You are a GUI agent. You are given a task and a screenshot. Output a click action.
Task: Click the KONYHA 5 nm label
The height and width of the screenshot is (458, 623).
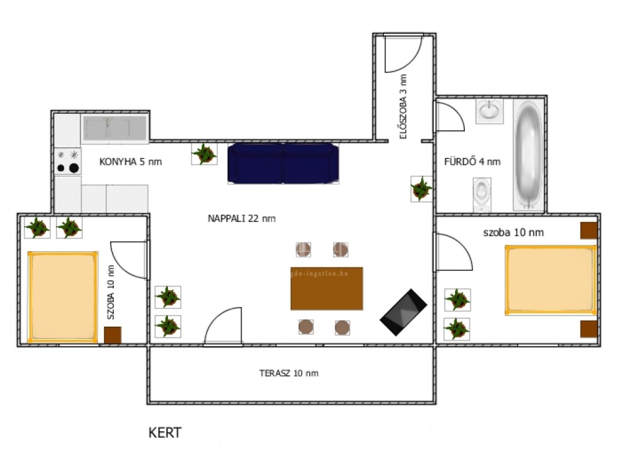tap(130, 162)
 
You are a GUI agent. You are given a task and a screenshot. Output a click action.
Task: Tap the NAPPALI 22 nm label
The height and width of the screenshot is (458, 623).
tap(242, 219)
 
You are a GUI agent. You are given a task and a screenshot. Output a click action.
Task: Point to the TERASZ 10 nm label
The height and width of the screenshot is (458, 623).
tap(289, 373)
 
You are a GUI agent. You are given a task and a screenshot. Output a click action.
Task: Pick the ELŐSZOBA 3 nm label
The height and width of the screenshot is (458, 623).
tap(403, 107)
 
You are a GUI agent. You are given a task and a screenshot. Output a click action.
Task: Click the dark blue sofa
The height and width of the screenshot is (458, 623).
tap(283, 164)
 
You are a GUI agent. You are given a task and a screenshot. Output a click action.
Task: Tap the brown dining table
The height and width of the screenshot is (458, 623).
tap(327, 289)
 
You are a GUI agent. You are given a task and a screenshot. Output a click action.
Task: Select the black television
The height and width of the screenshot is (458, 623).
tap(403, 312)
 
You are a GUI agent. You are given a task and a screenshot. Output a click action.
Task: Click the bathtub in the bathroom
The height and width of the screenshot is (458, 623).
tap(528, 155)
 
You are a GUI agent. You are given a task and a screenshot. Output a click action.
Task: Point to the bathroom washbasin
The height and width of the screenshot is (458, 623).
tap(489, 111)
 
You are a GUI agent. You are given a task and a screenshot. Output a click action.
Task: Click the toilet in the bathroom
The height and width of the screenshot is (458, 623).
tap(482, 195)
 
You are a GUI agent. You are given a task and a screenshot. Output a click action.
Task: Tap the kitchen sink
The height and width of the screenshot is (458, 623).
tap(114, 128)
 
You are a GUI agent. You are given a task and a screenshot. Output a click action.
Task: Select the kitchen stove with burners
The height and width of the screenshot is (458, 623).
tap(68, 161)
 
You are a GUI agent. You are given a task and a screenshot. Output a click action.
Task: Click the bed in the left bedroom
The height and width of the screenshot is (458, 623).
tap(63, 297)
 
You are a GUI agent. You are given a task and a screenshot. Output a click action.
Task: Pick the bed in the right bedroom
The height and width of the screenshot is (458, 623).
tap(551, 280)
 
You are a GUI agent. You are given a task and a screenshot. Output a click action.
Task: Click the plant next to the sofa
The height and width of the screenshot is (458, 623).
tap(204, 154)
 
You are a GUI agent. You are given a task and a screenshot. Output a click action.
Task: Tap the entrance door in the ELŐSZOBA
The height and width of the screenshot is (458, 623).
tap(403, 54)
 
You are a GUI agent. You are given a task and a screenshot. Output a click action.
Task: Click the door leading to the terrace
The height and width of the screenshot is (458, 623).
tap(223, 327)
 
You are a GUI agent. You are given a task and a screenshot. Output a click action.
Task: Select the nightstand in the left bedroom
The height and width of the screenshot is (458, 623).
tap(112, 335)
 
